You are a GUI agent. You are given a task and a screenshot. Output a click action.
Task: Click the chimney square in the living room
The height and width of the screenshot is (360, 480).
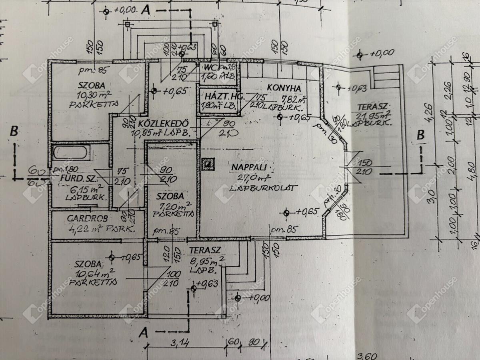[208, 164]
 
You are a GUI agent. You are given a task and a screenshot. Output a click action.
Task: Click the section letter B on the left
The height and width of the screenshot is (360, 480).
[14, 131]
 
